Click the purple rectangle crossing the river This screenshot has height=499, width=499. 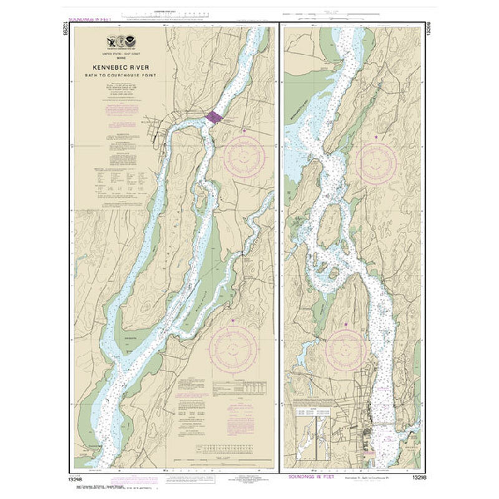[x=213, y=117]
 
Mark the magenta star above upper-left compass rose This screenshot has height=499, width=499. [x=243, y=131]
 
